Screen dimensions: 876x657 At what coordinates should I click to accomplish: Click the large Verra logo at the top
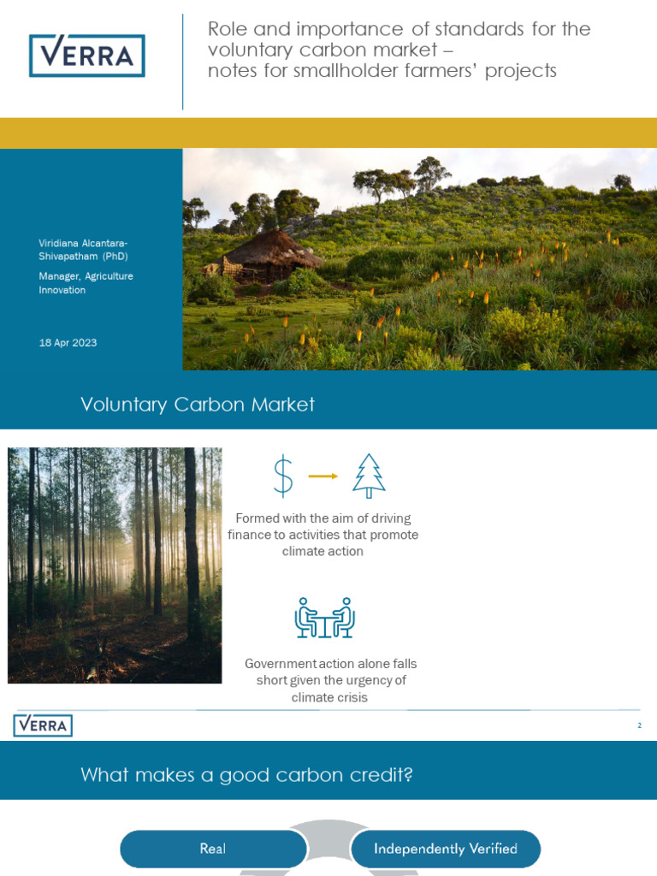[x=86, y=56]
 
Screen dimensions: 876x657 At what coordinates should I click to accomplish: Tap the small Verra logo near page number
[x=43, y=725]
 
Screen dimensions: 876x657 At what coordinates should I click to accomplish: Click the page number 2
[x=639, y=725]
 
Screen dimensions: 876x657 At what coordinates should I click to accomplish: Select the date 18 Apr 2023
[x=68, y=343]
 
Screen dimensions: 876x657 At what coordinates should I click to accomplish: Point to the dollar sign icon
[x=282, y=476]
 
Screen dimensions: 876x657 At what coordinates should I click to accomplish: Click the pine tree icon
[x=369, y=476]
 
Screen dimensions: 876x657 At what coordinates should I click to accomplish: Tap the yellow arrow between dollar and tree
[x=323, y=476]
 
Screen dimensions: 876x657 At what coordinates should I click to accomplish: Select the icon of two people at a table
[x=324, y=618]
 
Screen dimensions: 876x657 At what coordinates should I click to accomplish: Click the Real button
[x=213, y=849]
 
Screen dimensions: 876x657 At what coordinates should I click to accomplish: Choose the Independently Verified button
[x=446, y=849]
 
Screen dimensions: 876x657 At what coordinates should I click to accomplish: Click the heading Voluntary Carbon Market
[x=198, y=405]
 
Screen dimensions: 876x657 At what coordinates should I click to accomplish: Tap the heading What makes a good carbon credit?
[x=247, y=775]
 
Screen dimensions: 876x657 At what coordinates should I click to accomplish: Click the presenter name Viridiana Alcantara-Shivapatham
[x=83, y=250]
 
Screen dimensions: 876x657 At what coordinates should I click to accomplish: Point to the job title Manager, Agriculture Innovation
[x=86, y=283]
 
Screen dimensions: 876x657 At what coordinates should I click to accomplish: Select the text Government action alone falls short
[x=330, y=672]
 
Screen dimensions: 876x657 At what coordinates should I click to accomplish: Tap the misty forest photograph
[x=115, y=565]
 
